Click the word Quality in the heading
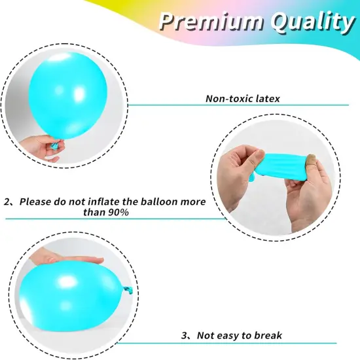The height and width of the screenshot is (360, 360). point(307,22)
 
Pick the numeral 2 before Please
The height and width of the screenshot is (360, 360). point(7,202)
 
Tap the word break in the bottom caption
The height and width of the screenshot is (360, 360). point(268,336)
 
